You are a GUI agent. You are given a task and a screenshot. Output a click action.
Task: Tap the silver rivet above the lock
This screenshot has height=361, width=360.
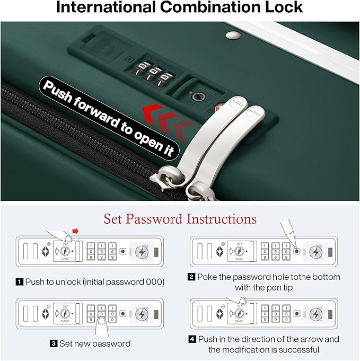tap(233, 35)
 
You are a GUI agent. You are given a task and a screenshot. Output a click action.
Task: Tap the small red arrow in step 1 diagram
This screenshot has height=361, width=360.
tap(75, 231)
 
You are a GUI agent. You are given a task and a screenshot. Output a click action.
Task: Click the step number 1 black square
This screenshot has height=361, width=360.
tap(19, 282)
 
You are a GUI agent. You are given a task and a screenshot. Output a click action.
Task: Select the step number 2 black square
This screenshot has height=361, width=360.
tap(191, 277)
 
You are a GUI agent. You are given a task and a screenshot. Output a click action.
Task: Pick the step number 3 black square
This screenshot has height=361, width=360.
tap(54, 344)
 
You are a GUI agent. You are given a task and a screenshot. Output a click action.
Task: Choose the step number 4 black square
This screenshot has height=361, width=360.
tap(192, 339)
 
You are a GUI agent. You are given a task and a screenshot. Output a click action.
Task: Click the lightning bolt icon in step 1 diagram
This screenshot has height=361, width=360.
tap(142, 252)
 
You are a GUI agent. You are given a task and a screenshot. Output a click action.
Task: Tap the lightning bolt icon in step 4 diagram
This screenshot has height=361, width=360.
tap(316, 314)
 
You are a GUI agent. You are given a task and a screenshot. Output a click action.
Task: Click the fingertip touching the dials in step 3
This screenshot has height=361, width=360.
tap(102, 321)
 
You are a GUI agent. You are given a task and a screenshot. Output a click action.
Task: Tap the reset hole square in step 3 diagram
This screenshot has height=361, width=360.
tap(123, 314)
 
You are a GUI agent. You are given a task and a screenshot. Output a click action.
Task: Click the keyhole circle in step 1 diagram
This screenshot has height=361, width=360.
tap(65, 251)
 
